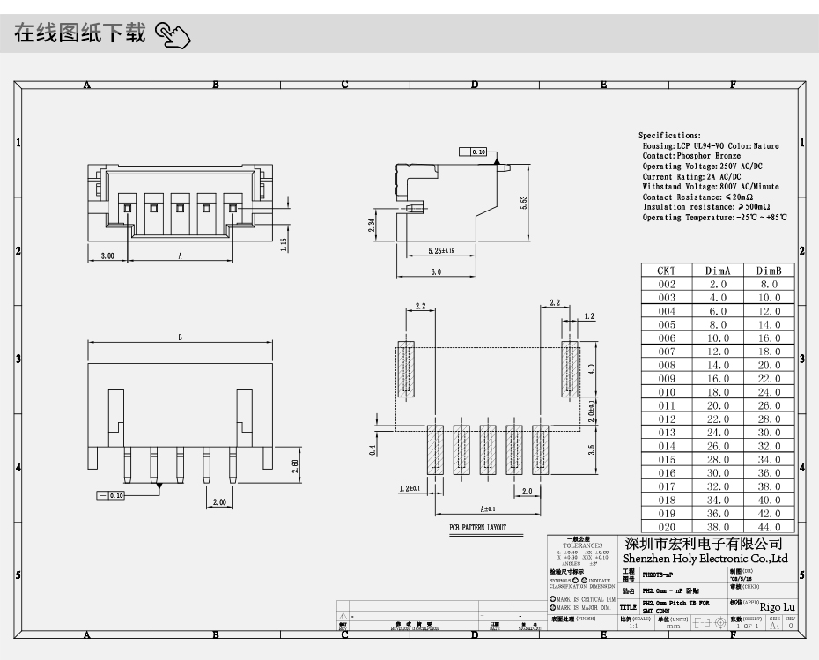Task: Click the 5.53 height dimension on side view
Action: point(523,201)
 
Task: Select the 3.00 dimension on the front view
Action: point(107,256)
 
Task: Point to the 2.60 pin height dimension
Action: point(294,464)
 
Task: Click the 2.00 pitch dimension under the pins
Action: point(218,502)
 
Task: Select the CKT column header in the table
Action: point(667,271)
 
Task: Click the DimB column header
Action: point(769,271)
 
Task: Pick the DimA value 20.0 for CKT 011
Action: point(718,405)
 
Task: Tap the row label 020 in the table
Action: point(667,526)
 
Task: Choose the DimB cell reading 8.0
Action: point(769,284)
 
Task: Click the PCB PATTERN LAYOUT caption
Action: point(478,528)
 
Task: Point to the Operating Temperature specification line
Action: point(714,218)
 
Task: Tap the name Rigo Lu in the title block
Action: point(777,607)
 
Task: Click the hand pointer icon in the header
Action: point(173,36)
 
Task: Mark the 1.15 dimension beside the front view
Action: point(284,243)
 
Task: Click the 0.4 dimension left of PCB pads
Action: point(373,449)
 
